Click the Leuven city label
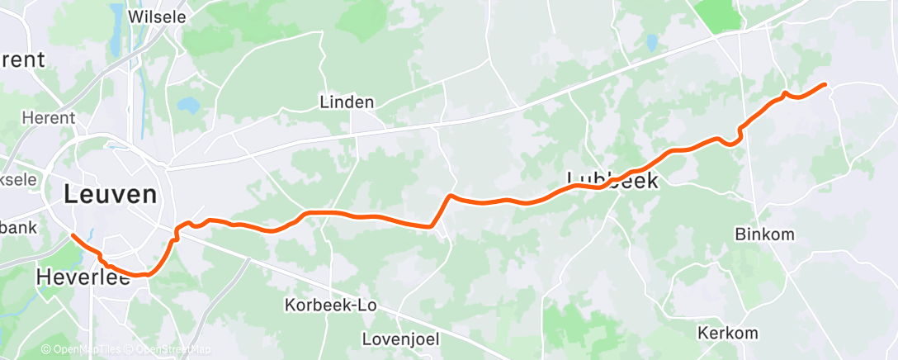pos(110,195)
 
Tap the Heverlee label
pos(83,279)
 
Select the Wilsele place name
pos(158,16)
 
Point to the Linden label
pos(347,102)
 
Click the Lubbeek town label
pos(613,180)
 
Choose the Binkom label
pos(764,234)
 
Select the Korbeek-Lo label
pos(330,305)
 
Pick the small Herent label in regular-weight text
pos(49,119)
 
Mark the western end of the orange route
pos(73,235)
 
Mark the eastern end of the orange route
pos(825,84)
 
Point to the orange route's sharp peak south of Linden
pos(449,196)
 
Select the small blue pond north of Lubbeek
pos(652,41)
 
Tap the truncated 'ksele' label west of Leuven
pos(17,156)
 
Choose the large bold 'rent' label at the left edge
pos(21,60)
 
